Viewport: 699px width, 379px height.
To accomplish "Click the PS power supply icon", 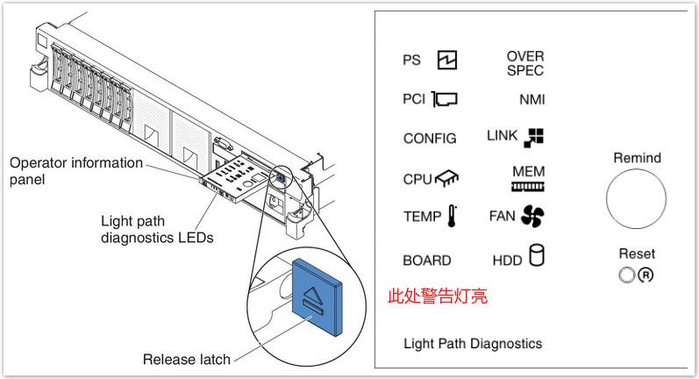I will (447, 61).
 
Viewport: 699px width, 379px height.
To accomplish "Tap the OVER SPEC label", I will (524, 63).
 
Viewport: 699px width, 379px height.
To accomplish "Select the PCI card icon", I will (445, 99).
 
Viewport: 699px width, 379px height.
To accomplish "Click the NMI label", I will (531, 100).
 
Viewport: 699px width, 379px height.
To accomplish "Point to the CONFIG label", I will (430, 139).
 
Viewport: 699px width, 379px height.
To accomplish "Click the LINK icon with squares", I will (534, 137).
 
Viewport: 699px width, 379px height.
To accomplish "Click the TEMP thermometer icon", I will (452, 217).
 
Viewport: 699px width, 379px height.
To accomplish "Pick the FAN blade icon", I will (532, 216).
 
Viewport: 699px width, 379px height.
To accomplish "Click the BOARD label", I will (427, 261).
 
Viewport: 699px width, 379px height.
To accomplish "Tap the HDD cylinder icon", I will (536, 256).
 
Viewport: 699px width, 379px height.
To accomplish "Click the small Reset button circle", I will (625, 275).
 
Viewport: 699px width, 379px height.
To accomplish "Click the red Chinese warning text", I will (438, 297).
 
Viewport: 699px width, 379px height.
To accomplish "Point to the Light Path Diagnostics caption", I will (472, 343).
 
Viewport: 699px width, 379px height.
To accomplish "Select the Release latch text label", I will (187, 359).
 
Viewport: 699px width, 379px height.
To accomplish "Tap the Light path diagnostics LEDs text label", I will (157, 229).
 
